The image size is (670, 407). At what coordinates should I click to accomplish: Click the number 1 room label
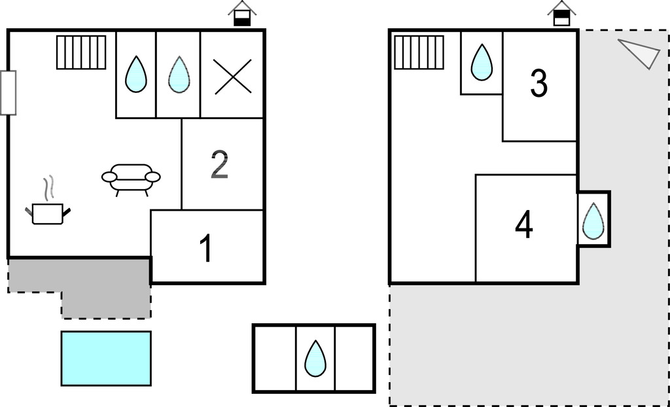coord(206,249)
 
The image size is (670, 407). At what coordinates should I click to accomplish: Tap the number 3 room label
coord(538,84)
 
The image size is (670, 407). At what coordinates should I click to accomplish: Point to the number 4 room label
coord(523,225)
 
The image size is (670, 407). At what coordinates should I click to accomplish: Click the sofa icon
coord(131,178)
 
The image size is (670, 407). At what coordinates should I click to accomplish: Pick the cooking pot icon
coord(48,213)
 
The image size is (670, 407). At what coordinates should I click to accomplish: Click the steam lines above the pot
coord(48,188)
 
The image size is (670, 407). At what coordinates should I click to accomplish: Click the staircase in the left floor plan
coord(81,52)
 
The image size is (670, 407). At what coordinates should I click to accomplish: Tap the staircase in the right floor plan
coord(419,52)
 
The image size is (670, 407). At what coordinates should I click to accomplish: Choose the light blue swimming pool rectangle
coord(106,358)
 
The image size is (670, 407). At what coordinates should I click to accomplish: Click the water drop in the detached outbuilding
coord(315,358)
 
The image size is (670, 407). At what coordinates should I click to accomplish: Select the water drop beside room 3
coord(482,62)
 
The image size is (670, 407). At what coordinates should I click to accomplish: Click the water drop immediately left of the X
coord(179,75)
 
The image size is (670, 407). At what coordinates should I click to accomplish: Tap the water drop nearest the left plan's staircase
coord(136,75)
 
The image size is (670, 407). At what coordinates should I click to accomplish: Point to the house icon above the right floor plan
coord(561,13)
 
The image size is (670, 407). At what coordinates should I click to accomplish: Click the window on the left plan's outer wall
coord(8,93)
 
